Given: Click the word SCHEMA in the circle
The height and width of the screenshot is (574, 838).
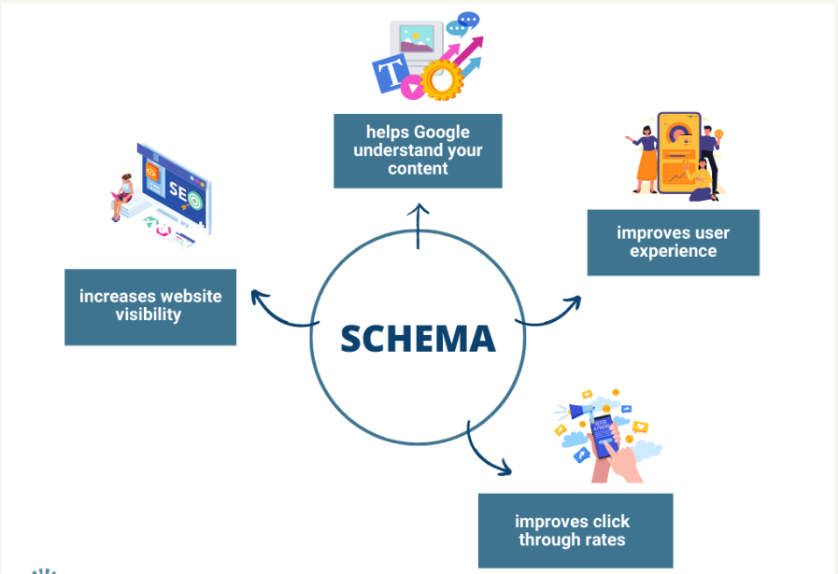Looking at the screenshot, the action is (x=418, y=339).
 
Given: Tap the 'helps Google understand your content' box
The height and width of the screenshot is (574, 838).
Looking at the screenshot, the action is (x=418, y=151).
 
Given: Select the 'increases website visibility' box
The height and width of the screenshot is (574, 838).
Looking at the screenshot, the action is (x=150, y=307).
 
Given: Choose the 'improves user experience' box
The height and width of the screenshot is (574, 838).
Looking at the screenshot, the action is (x=674, y=243).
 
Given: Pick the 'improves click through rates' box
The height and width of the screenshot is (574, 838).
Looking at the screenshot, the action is (x=575, y=530).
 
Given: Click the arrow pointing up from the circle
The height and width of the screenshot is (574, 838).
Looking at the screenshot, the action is (x=418, y=226).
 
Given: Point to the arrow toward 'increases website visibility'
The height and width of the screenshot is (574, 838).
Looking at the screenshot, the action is (x=280, y=315).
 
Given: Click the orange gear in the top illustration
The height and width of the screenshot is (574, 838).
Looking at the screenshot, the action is (x=442, y=80).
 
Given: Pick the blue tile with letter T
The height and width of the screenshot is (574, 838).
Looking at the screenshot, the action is (x=391, y=73).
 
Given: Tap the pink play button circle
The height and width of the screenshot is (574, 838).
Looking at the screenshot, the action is (x=412, y=87).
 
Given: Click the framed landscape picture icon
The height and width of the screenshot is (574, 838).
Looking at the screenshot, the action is (x=417, y=40).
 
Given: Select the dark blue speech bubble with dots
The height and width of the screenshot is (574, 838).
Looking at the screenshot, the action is (x=469, y=20).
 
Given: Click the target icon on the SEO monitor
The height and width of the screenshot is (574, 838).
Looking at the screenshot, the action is (x=194, y=202).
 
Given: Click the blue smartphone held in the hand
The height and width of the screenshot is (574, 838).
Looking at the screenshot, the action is (x=604, y=436).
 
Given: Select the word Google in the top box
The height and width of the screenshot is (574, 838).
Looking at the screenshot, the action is (x=442, y=133).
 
